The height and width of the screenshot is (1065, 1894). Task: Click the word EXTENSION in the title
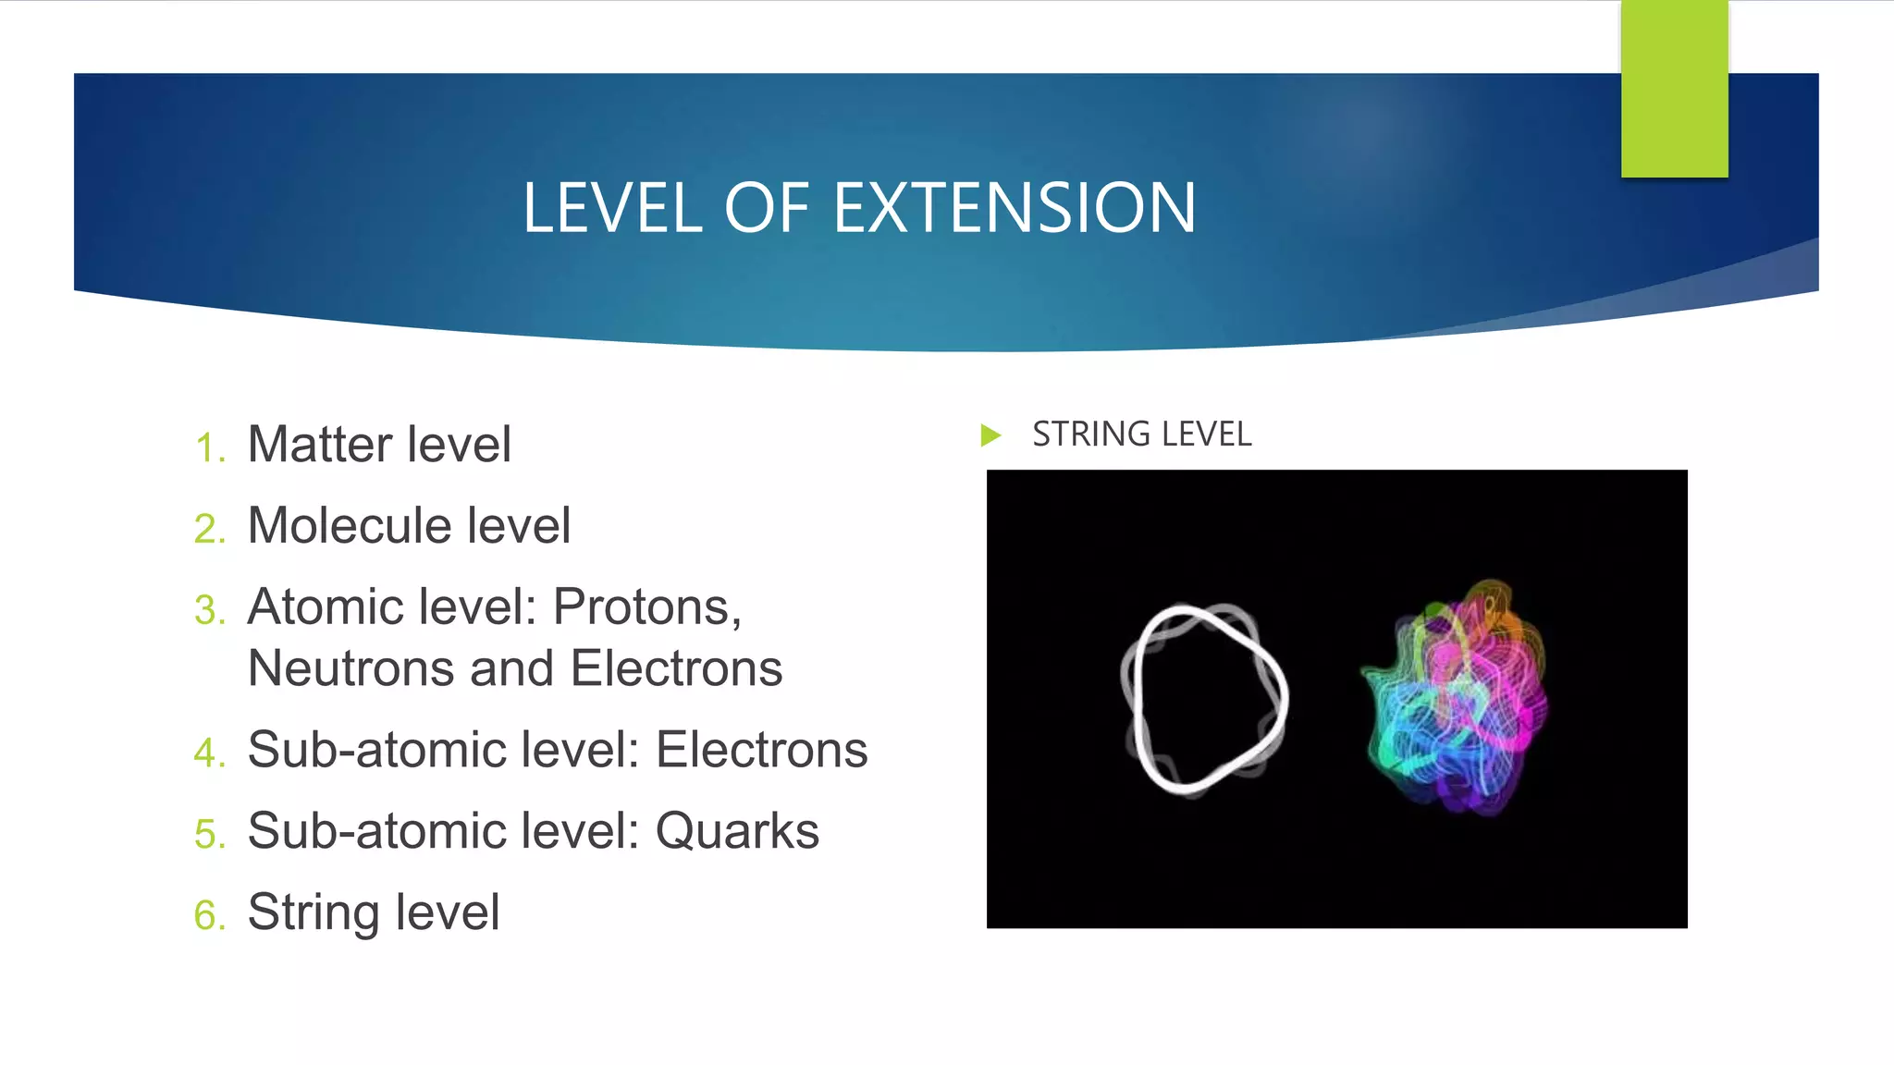pyautogui.click(x=1015, y=208)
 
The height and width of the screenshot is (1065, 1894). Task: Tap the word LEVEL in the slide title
pyautogui.click(x=613, y=208)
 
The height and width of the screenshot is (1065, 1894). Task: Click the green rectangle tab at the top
pyautogui.click(x=1674, y=88)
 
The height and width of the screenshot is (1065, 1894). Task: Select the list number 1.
pyautogui.click(x=208, y=448)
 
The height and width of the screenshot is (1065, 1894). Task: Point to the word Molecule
pyautogui.click(x=350, y=526)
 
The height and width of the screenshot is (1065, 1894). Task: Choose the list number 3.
pyautogui.click(x=208, y=611)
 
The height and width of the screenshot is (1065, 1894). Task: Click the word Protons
pyautogui.click(x=646, y=607)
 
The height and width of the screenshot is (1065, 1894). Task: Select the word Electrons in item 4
pyautogui.click(x=761, y=750)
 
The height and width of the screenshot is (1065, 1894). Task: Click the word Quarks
pyautogui.click(x=737, y=831)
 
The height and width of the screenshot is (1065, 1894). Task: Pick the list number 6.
pyautogui.click(x=208, y=916)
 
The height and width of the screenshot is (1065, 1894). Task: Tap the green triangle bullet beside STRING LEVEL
pyautogui.click(x=990, y=435)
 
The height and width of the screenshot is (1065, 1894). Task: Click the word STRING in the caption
pyautogui.click(x=1084, y=435)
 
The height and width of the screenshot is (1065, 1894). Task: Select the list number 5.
pyautogui.click(x=208, y=835)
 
